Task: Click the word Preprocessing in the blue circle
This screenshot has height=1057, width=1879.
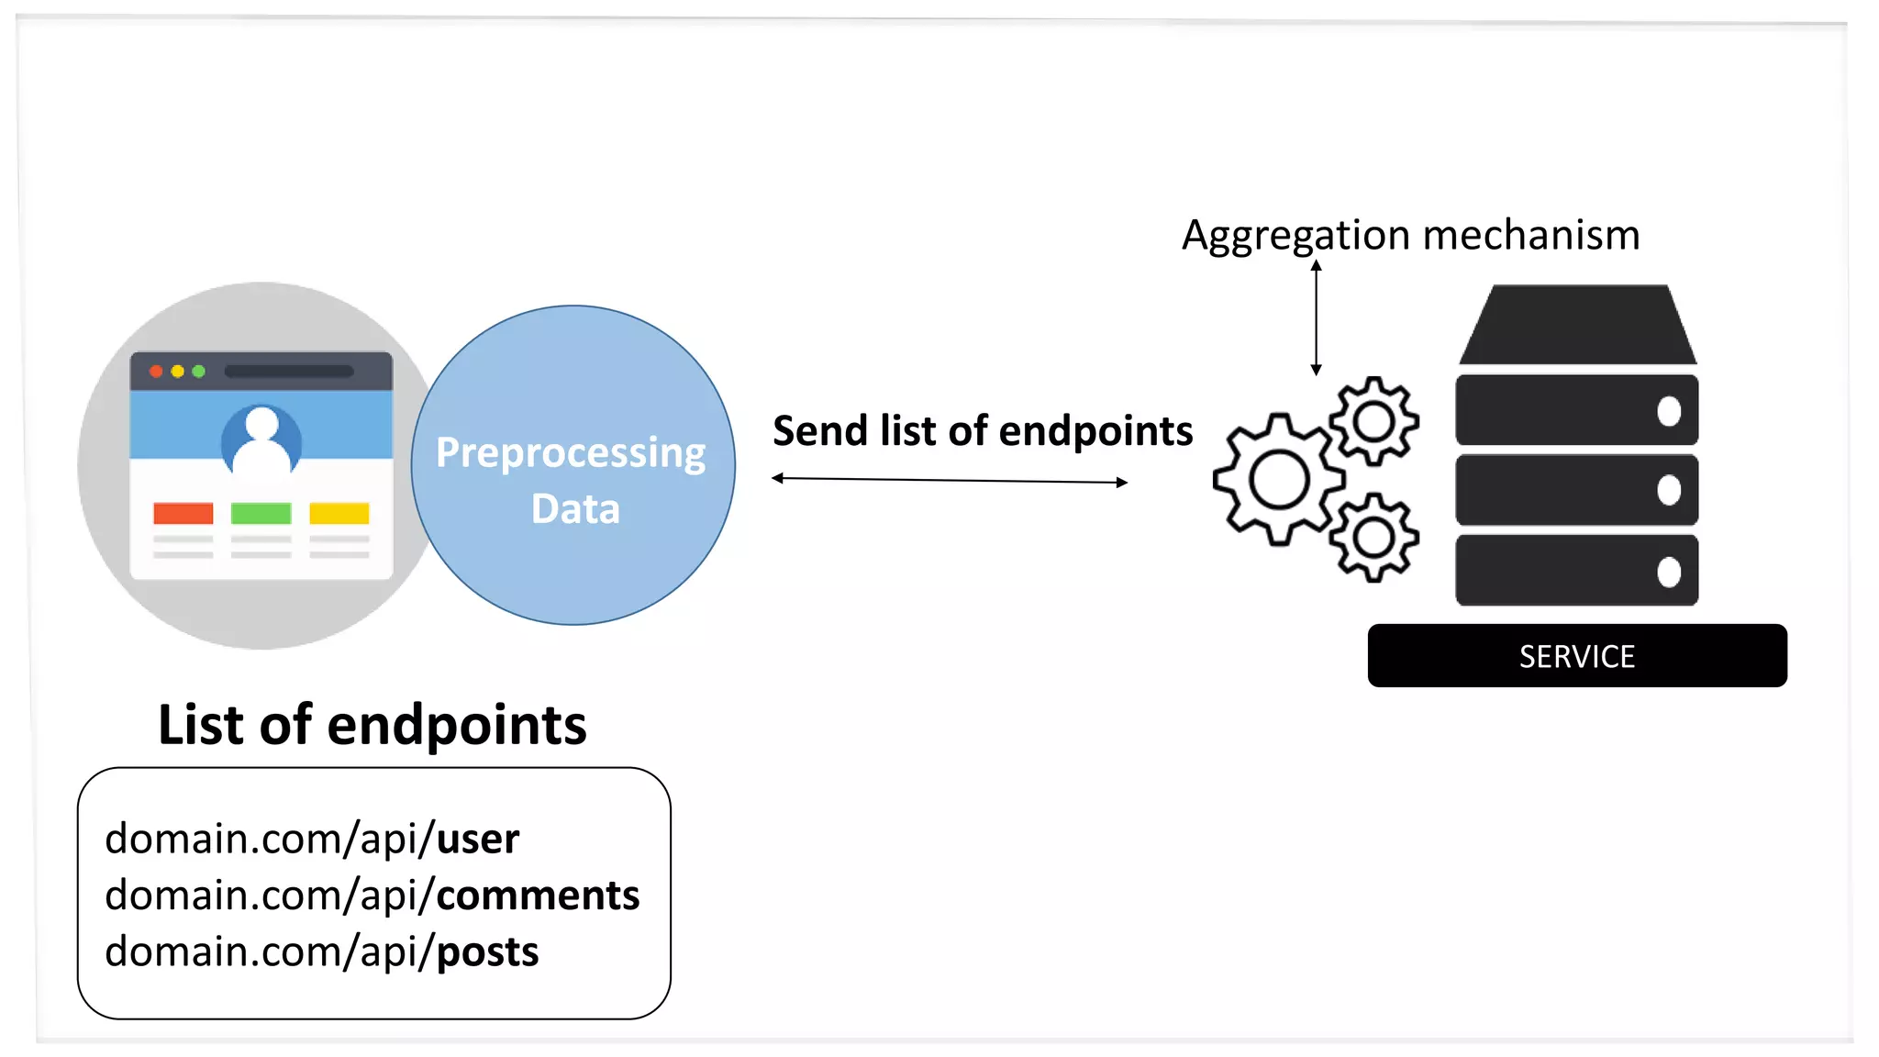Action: (x=570, y=453)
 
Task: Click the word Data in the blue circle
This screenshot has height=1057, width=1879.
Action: (x=575, y=509)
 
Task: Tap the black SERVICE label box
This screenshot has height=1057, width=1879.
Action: (x=1576, y=656)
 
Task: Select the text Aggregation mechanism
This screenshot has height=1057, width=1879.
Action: (x=1410, y=235)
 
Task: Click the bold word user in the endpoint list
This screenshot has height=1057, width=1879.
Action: (x=477, y=839)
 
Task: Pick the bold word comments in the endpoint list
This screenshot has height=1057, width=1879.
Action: (x=538, y=896)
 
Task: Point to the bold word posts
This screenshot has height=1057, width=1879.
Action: (x=487, y=951)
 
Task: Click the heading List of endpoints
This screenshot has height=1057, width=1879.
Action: (x=372, y=725)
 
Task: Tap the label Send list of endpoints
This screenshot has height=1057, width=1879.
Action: (x=982, y=431)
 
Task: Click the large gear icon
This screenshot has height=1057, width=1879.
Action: (x=1278, y=479)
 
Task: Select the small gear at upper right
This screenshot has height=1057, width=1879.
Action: (x=1373, y=422)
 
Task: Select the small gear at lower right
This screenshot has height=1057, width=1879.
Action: (x=1373, y=538)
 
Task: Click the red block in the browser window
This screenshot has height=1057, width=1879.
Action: (x=183, y=513)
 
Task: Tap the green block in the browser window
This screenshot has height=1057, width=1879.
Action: (x=261, y=513)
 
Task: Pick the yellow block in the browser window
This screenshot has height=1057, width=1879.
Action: (x=339, y=513)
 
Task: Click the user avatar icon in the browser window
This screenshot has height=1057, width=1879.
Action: (x=261, y=439)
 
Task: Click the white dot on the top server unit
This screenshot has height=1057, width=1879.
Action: (x=1669, y=411)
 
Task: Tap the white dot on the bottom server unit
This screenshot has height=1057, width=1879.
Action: (x=1669, y=572)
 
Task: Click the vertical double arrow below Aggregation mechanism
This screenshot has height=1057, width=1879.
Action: (x=1316, y=317)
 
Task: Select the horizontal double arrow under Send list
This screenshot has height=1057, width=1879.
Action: (x=950, y=480)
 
